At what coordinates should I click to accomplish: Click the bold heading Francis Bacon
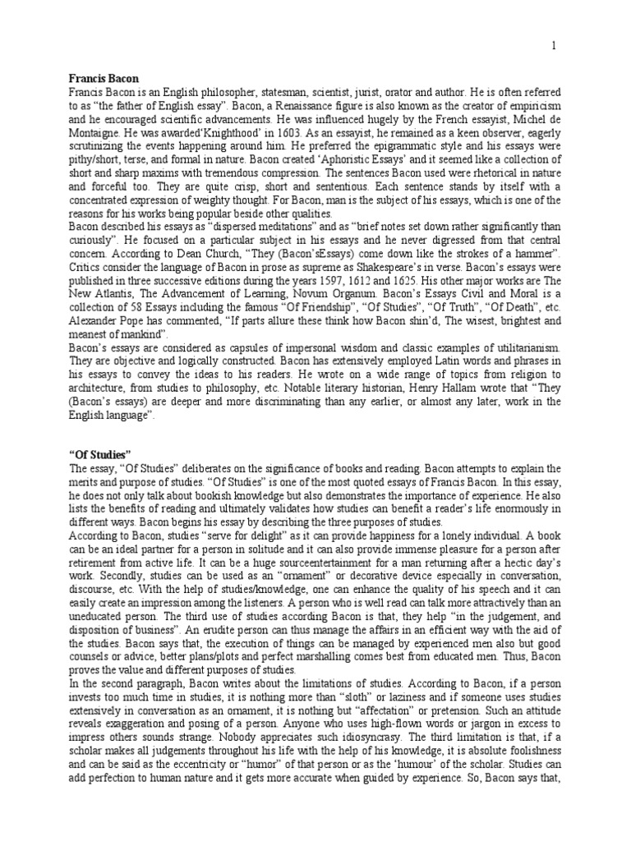tap(102, 79)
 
